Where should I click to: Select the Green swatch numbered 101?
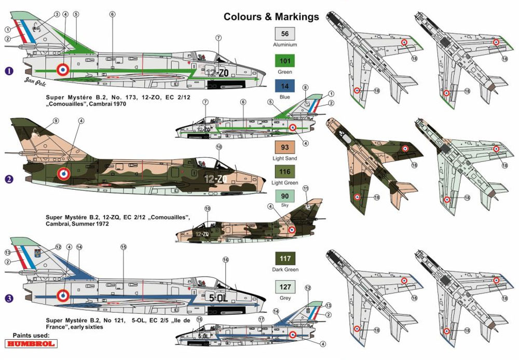pos(284,60)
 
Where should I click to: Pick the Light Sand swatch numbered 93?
pos(284,146)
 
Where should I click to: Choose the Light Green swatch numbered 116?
pos(284,172)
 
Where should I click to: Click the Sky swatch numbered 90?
pos(284,197)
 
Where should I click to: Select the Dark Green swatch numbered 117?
pos(284,258)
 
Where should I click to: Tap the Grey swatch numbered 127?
pos(284,287)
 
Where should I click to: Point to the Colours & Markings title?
pos(271,17)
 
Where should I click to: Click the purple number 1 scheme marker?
pos(8,71)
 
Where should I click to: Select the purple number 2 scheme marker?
pos(8,179)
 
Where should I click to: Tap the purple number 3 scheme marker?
pos(8,298)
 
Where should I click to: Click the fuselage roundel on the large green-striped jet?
pos(62,68)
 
